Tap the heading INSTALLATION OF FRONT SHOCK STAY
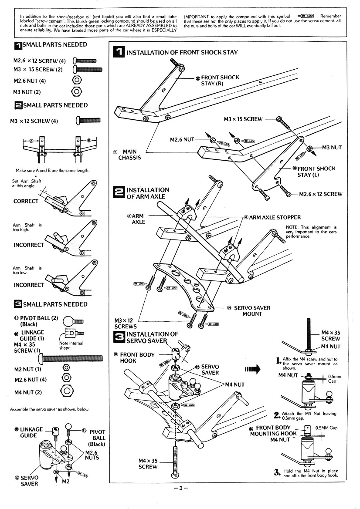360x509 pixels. (x=182, y=52)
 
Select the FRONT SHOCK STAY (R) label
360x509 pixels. (x=220, y=80)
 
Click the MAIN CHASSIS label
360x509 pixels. (x=130, y=155)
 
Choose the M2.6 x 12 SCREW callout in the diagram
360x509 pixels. (x=320, y=194)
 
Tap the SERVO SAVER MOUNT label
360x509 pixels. (x=252, y=311)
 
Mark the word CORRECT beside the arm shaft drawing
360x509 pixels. (x=26, y=201)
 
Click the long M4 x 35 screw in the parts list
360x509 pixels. (x=72, y=358)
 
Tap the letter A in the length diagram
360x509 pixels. (x=31, y=141)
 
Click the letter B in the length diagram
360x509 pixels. (x=89, y=141)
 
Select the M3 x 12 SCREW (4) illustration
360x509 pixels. (x=88, y=120)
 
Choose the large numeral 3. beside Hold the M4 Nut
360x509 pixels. (x=276, y=472)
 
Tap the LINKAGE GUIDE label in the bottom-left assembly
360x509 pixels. (x=31, y=432)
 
